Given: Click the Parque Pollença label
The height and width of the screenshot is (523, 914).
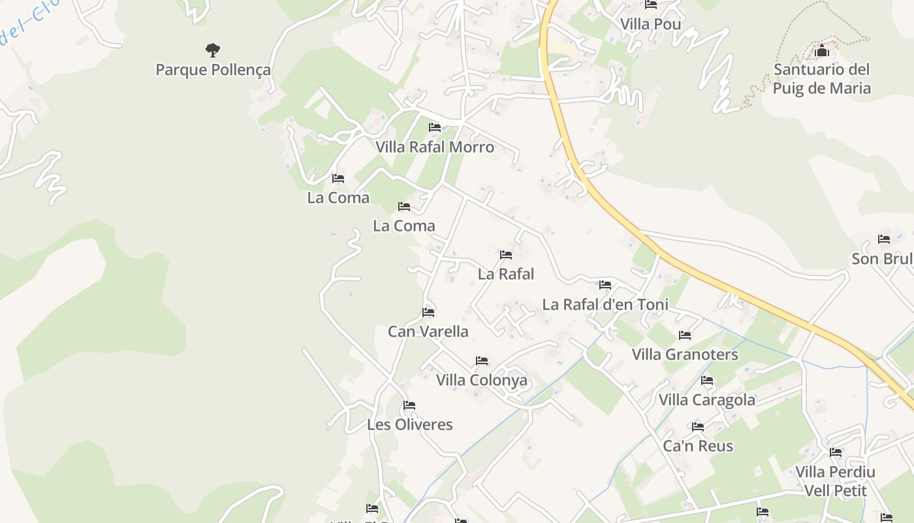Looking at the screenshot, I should (x=213, y=70).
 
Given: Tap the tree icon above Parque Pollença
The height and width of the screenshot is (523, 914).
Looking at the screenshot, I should (x=213, y=50).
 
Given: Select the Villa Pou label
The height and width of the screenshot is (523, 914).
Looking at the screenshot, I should (x=650, y=24).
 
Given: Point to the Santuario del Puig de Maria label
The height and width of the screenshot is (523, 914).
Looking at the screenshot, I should (x=821, y=78).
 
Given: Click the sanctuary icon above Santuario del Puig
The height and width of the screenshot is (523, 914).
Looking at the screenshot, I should (x=821, y=50).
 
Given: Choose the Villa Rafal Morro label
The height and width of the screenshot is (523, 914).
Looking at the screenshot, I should (x=435, y=147).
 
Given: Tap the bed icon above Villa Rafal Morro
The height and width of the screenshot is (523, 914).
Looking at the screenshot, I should (x=435, y=127).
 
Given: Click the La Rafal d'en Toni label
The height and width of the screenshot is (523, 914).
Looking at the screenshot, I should (x=605, y=305).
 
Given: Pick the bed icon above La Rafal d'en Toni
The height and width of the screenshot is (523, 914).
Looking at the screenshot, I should (x=605, y=284).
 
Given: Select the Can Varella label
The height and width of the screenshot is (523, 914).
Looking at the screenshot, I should (x=428, y=331).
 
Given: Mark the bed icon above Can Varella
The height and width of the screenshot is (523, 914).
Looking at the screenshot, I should (x=428, y=312).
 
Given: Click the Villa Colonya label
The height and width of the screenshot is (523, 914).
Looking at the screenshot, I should (x=482, y=380).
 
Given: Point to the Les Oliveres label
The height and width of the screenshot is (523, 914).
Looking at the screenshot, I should (x=409, y=424).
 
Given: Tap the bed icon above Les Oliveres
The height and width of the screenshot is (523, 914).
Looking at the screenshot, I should (x=409, y=405).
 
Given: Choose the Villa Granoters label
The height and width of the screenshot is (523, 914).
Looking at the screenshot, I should (x=685, y=354).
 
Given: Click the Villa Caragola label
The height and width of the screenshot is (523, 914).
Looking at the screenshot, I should (x=707, y=399).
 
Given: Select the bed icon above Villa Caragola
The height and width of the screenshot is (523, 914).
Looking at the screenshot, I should (x=707, y=380).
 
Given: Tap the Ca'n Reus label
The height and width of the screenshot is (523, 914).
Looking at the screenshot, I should (x=698, y=446).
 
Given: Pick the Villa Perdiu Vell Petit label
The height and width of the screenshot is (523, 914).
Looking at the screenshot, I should (x=835, y=481).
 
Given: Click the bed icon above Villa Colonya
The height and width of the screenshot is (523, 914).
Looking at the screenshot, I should (x=482, y=360).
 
